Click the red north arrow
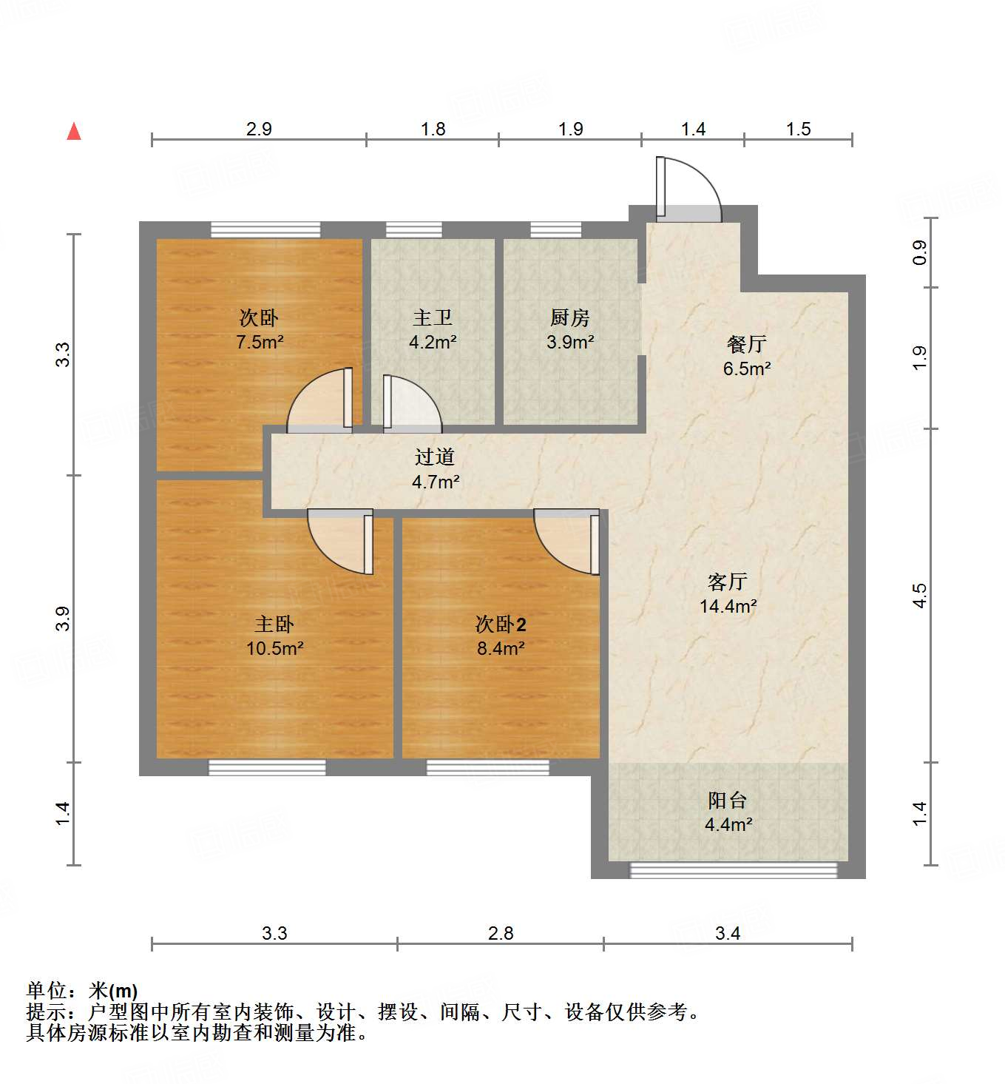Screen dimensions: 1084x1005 point(74,131)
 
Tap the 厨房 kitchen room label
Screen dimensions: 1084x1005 point(570,318)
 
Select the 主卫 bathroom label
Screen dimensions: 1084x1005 point(433,318)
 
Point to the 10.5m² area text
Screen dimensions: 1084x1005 point(275,649)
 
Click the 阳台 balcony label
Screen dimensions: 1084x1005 point(728,800)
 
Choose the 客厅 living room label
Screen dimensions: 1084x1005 point(728,582)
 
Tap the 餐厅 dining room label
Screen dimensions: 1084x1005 point(747,344)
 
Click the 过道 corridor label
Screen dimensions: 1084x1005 point(435,457)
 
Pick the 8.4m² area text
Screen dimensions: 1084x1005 point(501,649)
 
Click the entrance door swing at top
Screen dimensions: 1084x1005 point(688,189)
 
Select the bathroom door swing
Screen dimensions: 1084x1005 point(410,403)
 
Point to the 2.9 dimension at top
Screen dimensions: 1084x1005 point(259,129)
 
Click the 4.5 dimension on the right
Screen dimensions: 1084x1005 point(919,596)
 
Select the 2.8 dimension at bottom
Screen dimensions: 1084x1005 point(501,934)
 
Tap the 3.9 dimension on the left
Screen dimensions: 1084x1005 point(63,619)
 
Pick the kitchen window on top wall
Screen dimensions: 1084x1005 point(555,229)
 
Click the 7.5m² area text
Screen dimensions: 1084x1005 point(260,343)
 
